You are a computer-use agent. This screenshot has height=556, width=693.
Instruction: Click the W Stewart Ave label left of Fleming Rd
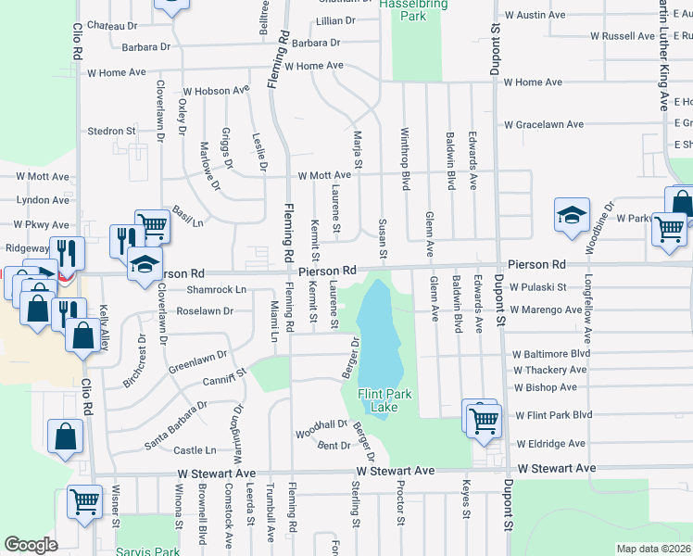pyautogui.click(x=216, y=473)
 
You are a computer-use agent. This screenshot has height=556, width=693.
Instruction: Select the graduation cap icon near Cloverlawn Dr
pyautogui.click(x=144, y=263)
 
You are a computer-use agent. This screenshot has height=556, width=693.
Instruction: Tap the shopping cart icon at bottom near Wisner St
pyautogui.click(x=84, y=501)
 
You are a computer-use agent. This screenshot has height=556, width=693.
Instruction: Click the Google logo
pyautogui.click(x=31, y=545)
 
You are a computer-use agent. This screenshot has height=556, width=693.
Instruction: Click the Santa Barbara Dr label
pyautogui.click(x=175, y=424)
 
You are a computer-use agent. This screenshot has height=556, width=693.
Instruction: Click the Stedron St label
pyautogui.click(x=111, y=132)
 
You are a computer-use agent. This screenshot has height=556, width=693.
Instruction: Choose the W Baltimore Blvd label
pyautogui.click(x=552, y=353)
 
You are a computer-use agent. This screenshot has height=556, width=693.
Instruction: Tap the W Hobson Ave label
pyautogui.click(x=217, y=91)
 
